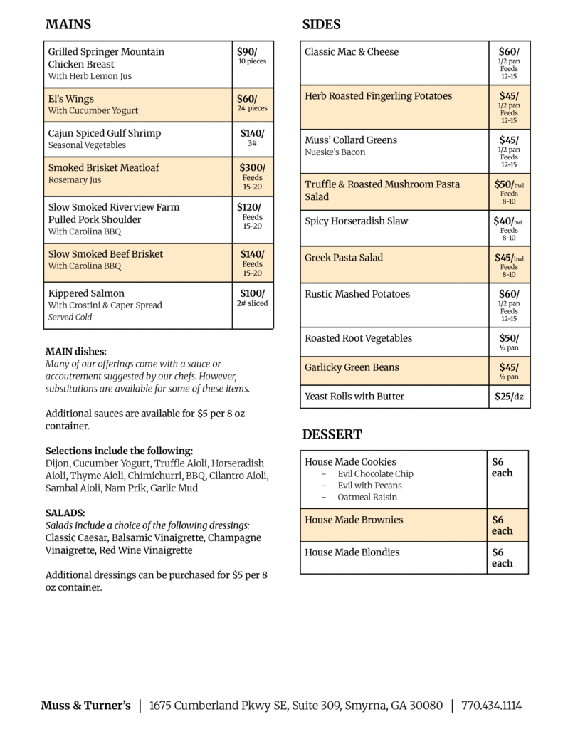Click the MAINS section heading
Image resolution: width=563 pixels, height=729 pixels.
pyautogui.click(x=68, y=25)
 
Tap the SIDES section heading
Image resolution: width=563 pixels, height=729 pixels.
pyautogui.click(x=321, y=25)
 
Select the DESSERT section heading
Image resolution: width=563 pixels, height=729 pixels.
pyautogui.click(x=332, y=434)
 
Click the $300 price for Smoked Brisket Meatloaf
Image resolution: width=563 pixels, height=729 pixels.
pyautogui.click(x=252, y=168)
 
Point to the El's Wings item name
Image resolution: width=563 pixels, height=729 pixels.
pyautogui.click(x=70, y=99)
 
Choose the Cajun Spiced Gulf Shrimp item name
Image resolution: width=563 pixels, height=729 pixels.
pyautogui.click(x=104, y=133)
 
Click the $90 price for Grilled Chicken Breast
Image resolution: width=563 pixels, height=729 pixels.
pyautogui.click(x=247, y=52)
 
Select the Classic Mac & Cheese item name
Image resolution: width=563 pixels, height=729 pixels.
pyautogui.click(x=352, y=52)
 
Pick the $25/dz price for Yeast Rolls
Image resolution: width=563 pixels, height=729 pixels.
pyautogui.click(x=508, y=397)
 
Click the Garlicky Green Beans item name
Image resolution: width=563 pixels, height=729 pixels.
pyautogui.click(x=352, y=367)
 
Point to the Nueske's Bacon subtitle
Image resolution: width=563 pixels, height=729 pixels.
pyautogui.click(x=335, y=152)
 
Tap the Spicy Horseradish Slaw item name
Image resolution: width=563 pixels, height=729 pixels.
pyautogui.click(x=356, y=221)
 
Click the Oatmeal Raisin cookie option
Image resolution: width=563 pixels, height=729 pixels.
pyautogui.click(x=367, y=497)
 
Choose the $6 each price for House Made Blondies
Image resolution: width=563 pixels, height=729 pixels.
pyautogui.click(x=502, y=557)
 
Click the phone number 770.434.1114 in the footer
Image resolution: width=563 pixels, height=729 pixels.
pyautogui.click(x=491, y=706)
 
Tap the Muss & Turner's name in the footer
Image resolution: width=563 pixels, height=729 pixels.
pyautogui.click(x=85, y=706)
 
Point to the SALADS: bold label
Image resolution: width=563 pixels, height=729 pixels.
pyautogui.click(x=65, y=513)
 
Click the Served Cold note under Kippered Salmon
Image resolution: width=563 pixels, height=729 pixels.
pyautogui.click(x=70, y=318)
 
